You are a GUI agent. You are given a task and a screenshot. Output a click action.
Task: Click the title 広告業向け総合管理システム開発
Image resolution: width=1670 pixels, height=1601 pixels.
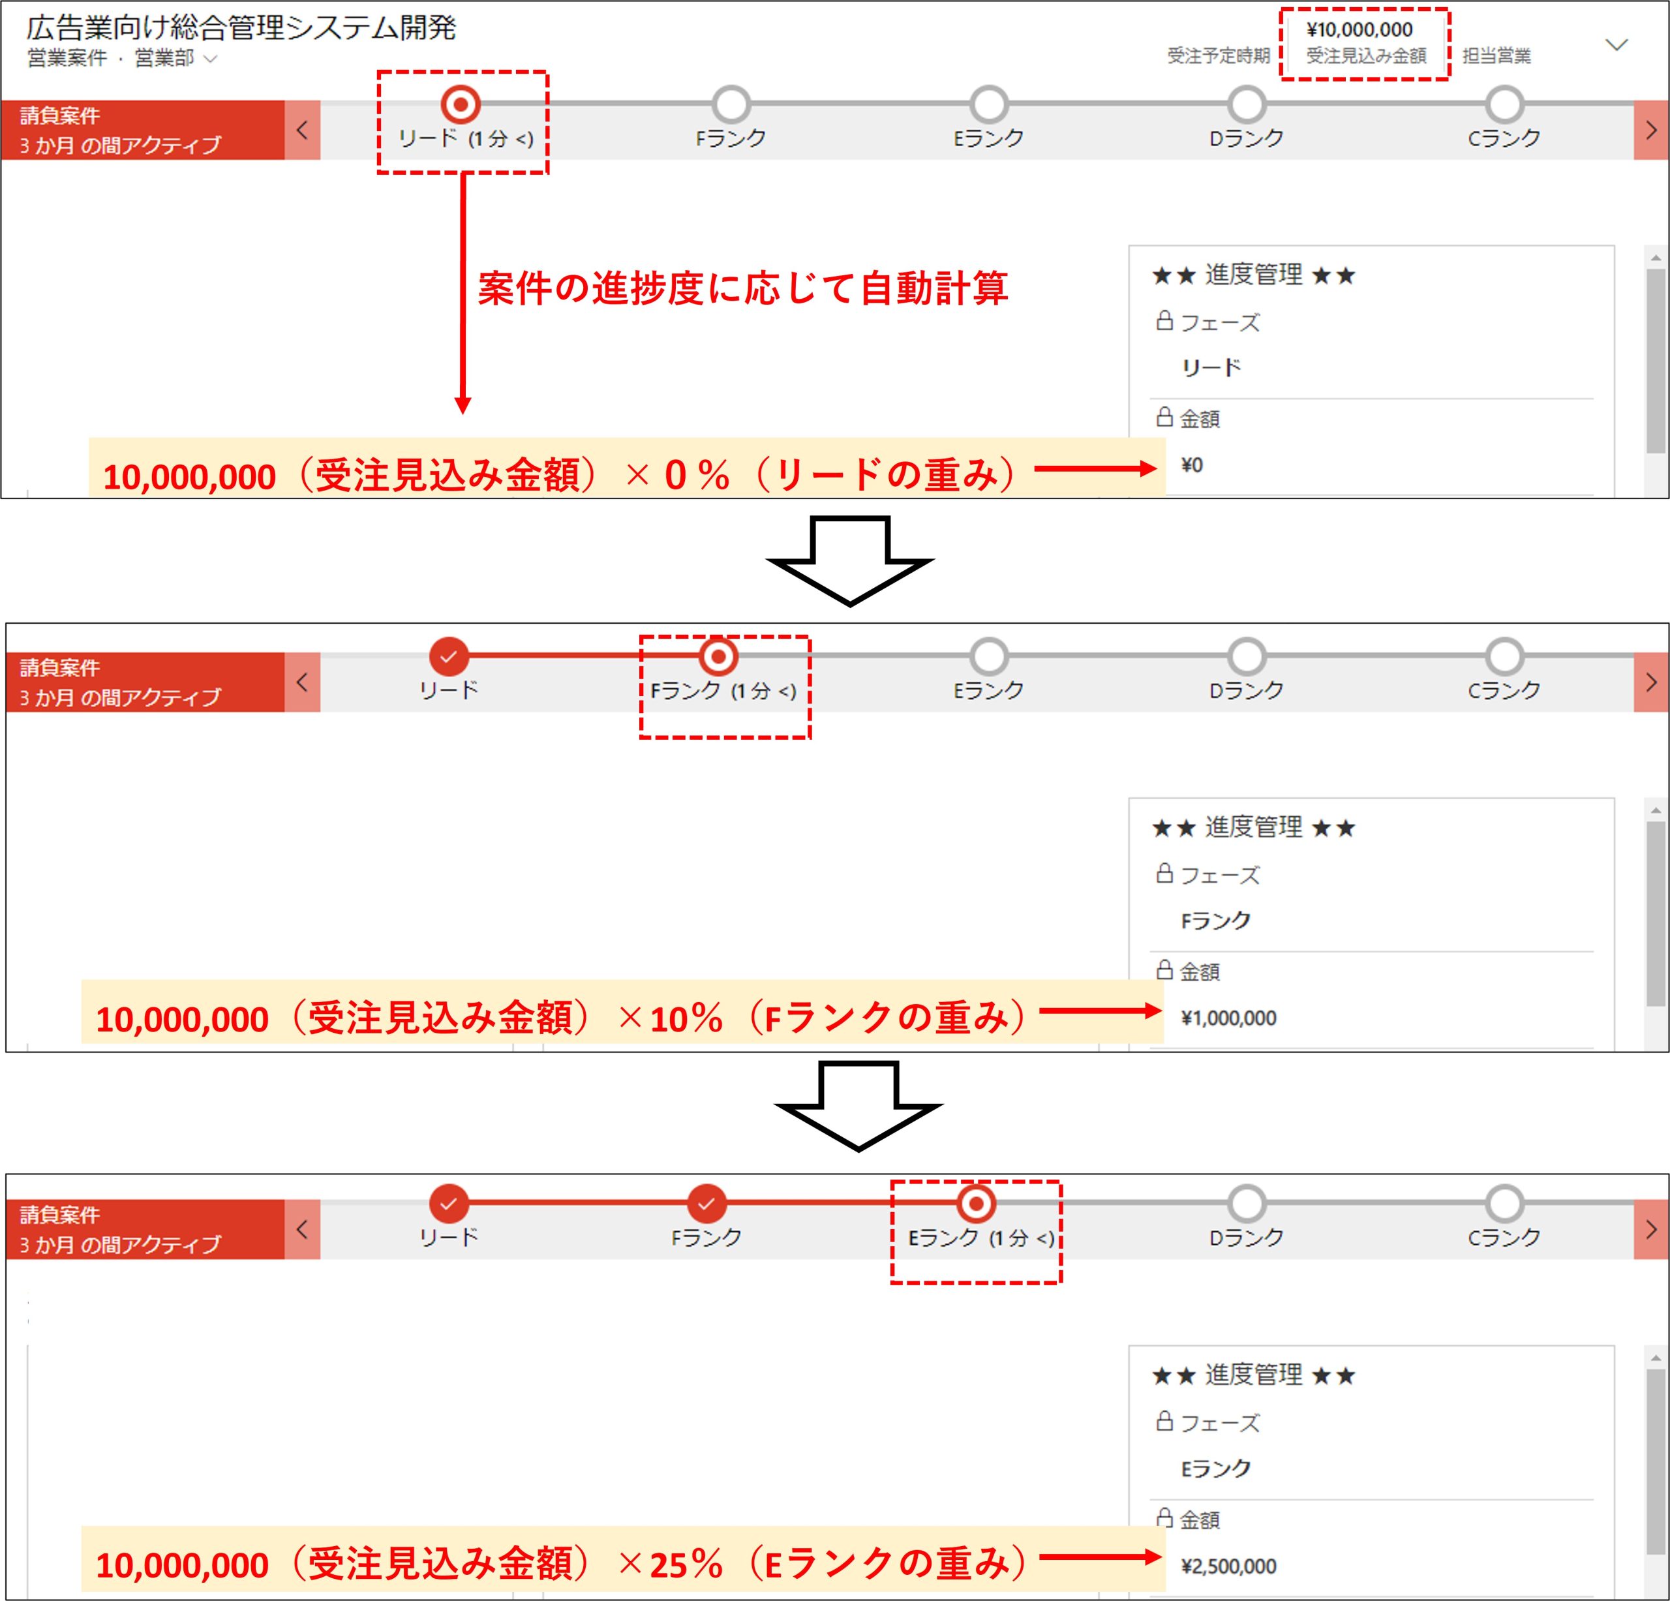pos(241,28)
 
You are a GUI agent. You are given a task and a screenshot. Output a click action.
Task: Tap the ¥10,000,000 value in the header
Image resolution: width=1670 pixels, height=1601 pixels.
pos(1360,30)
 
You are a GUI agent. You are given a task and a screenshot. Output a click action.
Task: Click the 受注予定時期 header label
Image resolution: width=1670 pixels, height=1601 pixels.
pos(1219,56)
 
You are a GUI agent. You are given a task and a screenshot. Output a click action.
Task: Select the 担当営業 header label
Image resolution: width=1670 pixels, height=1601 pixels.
pos(1496,56)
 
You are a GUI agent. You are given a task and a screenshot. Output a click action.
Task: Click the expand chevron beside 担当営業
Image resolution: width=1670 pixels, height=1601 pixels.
pos(1617,44)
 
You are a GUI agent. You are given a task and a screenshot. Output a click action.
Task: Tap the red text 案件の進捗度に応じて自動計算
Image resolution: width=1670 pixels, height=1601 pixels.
pos(743,288)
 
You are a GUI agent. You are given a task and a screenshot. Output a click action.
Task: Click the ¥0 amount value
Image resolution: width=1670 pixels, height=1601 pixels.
pos(1192,465)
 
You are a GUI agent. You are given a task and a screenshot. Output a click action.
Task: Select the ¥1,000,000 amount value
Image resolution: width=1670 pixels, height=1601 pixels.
pos(1228,1017)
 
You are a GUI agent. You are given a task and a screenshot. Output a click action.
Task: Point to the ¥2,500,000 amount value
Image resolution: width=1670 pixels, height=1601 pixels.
pos(1228,1565)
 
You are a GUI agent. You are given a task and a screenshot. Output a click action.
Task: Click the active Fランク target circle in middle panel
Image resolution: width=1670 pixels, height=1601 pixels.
pos(718,657)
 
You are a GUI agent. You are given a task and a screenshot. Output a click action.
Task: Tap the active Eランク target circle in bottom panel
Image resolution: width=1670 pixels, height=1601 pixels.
pos(976,1204)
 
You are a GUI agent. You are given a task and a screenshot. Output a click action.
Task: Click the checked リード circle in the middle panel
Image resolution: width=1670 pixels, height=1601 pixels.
pos(449,657)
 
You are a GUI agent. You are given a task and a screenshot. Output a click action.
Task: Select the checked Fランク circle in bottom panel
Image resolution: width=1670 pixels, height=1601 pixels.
pos(706,1204)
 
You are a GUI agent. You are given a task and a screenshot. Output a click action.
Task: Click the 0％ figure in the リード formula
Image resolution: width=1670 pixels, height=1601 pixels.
pos(697,474)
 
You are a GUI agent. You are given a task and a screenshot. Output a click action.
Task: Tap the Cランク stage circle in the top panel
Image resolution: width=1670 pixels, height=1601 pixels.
pos(1505,105)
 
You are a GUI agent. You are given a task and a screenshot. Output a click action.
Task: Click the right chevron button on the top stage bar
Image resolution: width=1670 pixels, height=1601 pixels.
pos(1651,130)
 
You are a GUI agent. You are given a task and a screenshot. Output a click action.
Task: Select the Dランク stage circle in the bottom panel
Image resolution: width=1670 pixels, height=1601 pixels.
pos(1247,1204)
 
